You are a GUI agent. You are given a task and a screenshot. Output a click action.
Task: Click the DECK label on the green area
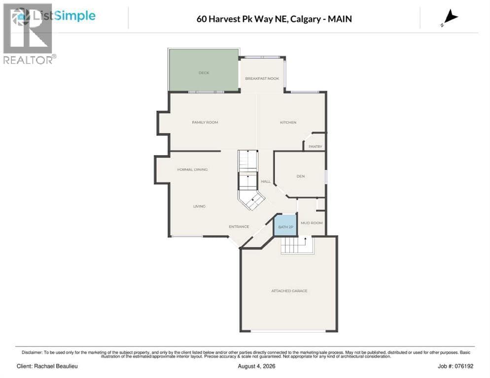[204, 73]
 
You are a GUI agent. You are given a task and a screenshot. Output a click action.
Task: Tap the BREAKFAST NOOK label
[262, 78]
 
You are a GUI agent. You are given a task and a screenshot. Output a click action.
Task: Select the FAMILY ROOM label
[205, 123]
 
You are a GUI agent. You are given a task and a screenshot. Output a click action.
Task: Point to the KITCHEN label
[288, 123]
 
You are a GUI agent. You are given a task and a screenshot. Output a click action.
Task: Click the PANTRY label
[315, 146]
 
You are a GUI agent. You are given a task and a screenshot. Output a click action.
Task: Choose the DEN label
[300, 176]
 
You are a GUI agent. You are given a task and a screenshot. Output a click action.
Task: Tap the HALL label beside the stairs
[266, 181]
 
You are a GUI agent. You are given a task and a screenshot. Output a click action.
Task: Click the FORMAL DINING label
[192, 169]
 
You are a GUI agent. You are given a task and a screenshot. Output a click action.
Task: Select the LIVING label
[199, 206]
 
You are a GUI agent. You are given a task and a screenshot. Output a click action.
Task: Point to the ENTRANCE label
[239, 226]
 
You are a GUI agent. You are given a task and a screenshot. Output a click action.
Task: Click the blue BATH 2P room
[285, 225]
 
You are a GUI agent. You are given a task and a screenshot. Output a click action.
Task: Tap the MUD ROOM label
[312, 223]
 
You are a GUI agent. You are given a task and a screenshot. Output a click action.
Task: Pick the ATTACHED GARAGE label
[289, 291]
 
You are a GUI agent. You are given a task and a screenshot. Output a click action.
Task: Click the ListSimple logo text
[64, 16]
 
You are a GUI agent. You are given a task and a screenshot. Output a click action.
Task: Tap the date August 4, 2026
[256, 366]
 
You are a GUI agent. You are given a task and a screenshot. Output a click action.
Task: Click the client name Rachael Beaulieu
[56, 366]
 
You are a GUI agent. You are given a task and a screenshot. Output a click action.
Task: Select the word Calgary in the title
[305, 19]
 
